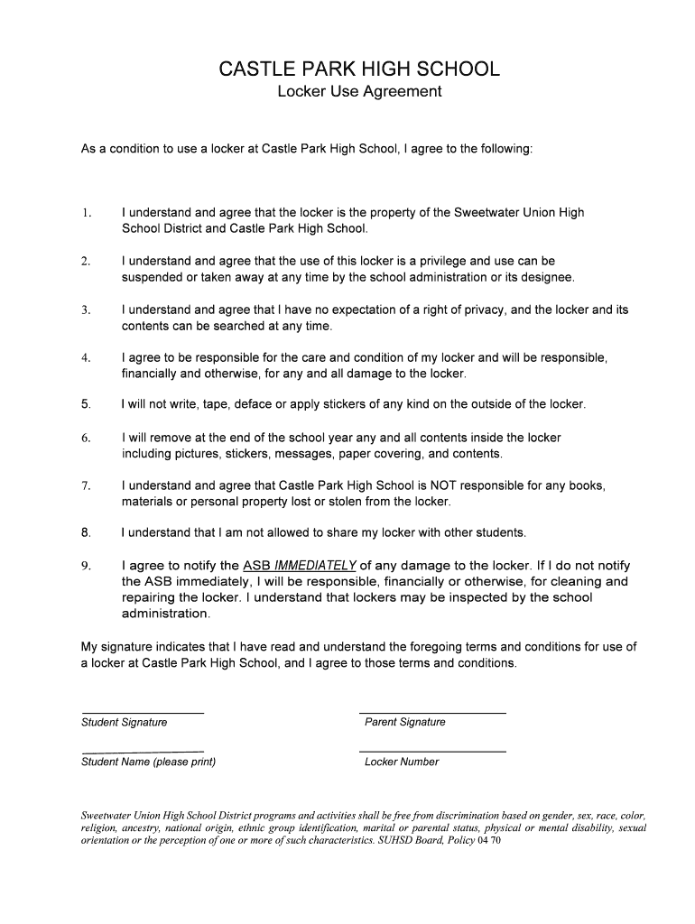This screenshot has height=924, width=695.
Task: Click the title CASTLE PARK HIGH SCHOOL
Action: pos(359,69)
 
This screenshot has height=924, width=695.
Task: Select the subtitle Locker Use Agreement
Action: pos(359,91)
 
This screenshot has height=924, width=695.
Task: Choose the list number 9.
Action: pos(86,566)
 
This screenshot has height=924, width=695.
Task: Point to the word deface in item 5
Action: pos(255,404)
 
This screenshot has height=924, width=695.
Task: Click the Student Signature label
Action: pos(125,722)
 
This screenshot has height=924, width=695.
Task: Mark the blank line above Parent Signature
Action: pos(432,713)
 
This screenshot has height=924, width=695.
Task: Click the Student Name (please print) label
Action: pos(149,762)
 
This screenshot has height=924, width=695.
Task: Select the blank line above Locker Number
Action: pos(432,752)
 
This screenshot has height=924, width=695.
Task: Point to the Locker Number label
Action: pos(402,762)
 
